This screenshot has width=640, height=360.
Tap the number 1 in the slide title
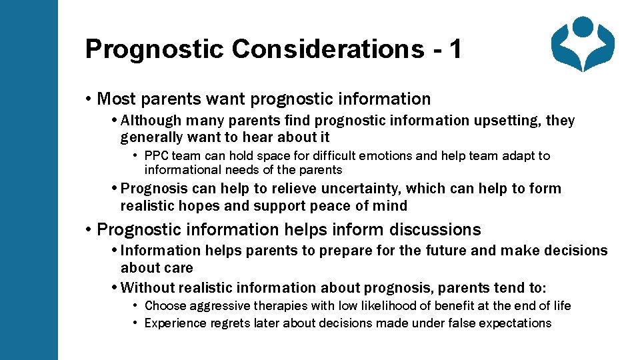tap(455, 49)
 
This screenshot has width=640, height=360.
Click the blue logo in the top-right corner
tap(583, 44)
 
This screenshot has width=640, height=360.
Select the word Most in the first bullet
tap(115, 99)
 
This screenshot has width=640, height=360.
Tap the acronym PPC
tap(157, 156)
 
